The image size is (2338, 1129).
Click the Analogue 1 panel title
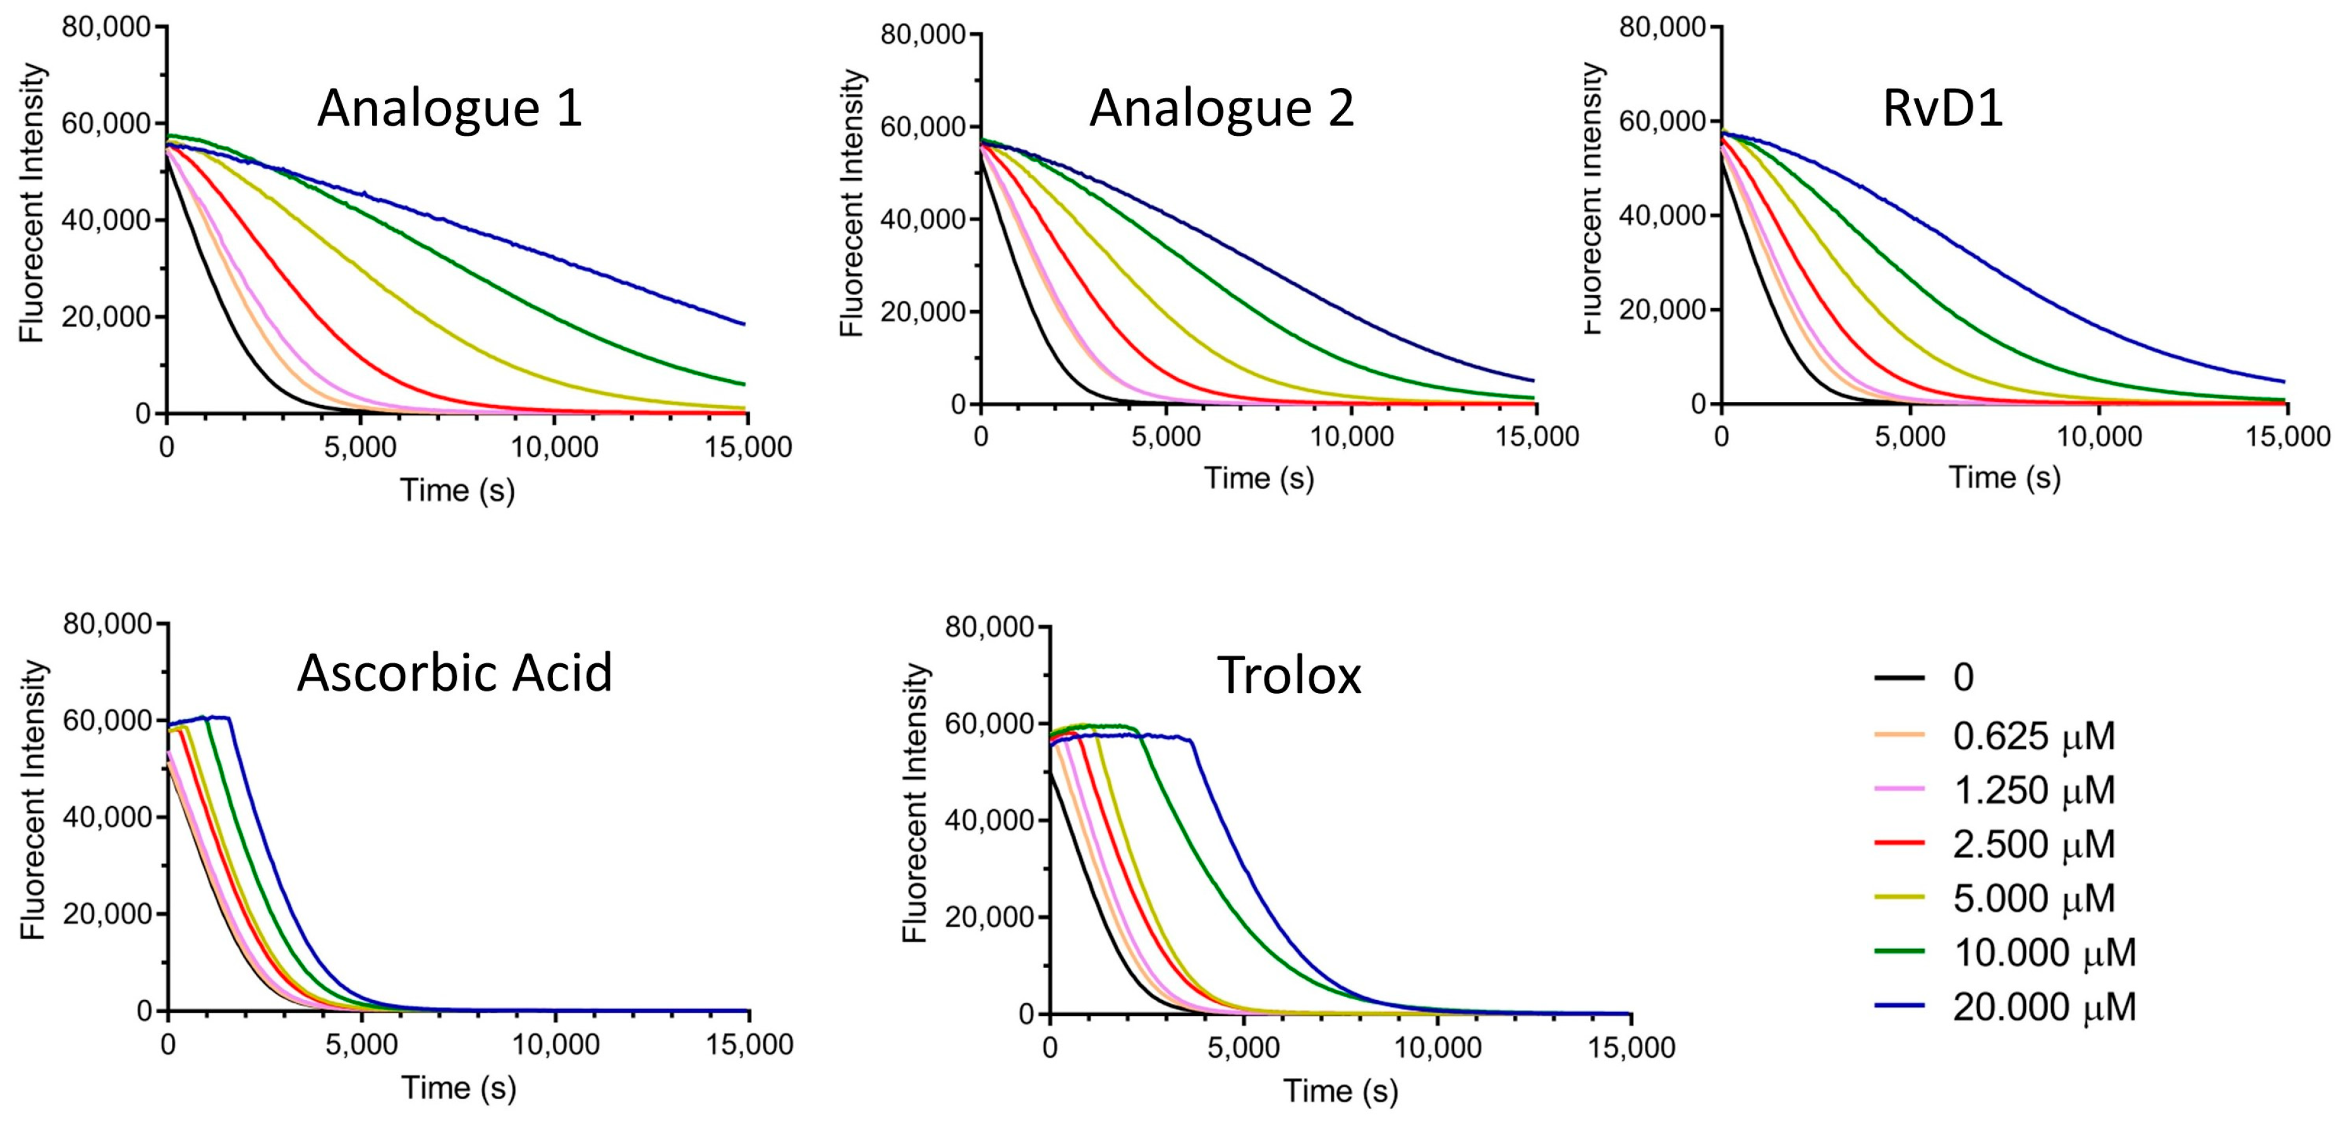click(449, 109)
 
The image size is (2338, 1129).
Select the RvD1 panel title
click(1942, 109)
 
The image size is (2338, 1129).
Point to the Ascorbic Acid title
click(455, 673)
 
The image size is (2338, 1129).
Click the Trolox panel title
click(1289, 676)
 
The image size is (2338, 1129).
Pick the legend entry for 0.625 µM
click(2033, 736)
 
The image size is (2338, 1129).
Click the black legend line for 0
click(1899, 678)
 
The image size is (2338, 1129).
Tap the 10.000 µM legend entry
click(2044, 953)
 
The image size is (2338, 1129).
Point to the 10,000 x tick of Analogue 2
click(1352, 437)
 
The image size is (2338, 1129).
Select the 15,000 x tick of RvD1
click(2286, 437)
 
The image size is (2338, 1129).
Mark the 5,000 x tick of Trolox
click(1244, 1047)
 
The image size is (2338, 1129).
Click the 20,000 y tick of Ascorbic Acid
click(106, 914)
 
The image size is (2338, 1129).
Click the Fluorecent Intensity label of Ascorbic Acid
click(33, 799)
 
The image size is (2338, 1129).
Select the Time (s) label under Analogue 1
click(457, 491)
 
